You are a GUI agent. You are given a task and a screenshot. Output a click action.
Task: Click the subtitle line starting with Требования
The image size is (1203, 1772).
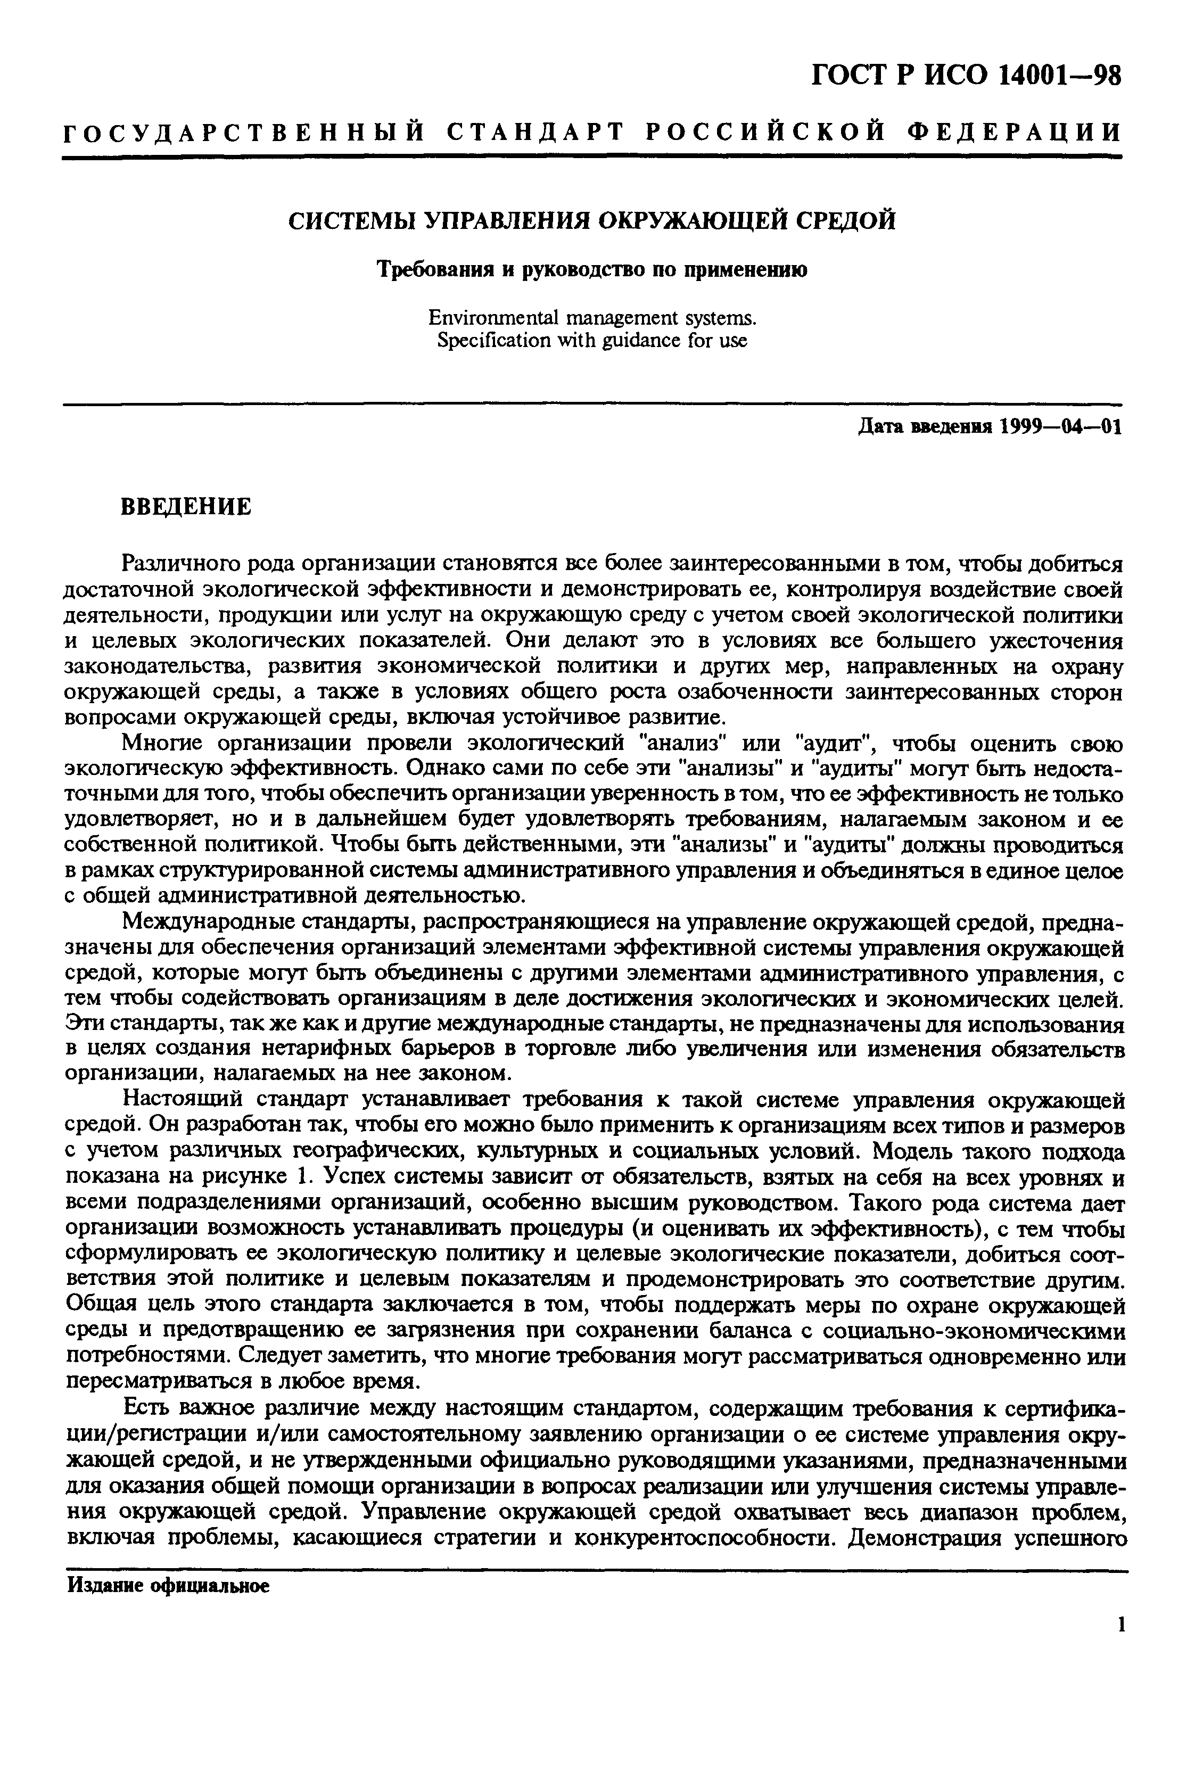point(592,270)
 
